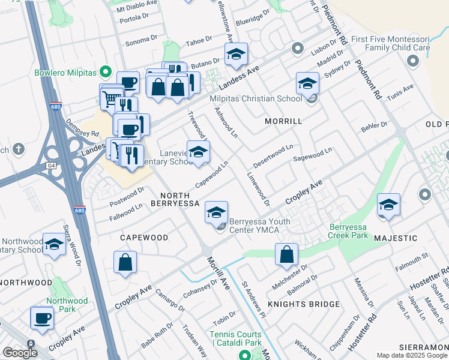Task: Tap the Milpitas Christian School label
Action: click(255, 99)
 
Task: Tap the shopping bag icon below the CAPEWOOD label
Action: click(125, 262)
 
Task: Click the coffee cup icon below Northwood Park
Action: click(42, 318)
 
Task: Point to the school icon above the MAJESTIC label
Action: click(388, 206)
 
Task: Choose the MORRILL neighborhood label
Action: click(283, 121)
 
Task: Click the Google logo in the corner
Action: click(20, 353)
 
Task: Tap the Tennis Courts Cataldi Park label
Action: click(236, 338)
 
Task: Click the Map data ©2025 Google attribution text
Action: click(412, 355)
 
